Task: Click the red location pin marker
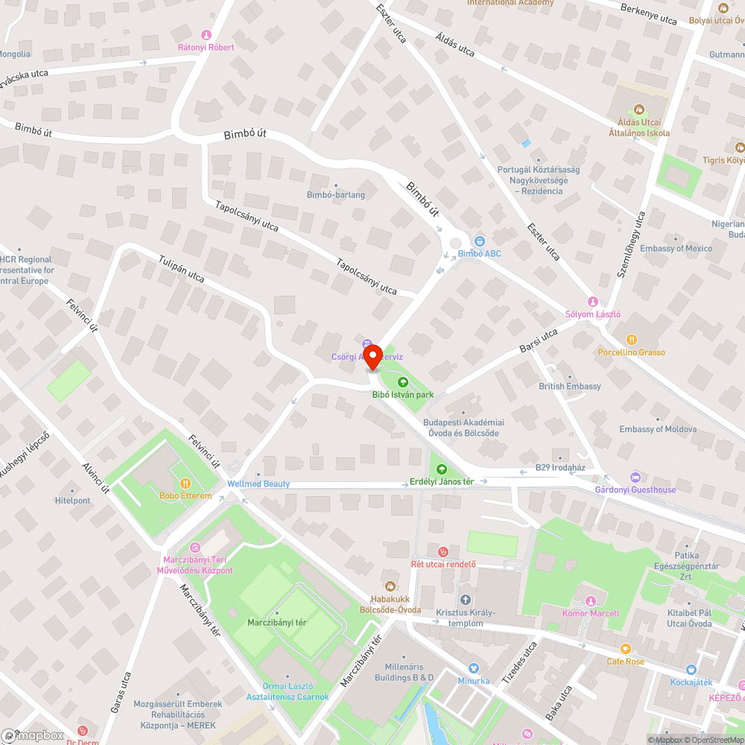(372, 357)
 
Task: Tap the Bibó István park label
(402, 394)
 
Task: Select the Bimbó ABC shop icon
(479, 241)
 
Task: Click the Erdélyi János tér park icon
(442, 469)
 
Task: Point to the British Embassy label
(570, 387)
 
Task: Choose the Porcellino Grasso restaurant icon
(632, 340)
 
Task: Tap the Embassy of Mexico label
(676, 248)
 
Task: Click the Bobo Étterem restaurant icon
(186, 484)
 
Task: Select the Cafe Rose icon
(625, 649)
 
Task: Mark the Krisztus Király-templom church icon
(466, 599)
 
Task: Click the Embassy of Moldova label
(658, 429)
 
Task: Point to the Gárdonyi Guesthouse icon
(635, 477)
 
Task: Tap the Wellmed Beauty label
(259, 484)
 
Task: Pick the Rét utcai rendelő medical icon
(443, 552)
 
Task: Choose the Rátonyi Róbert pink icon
(206, 35)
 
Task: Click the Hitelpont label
(72, 501)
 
